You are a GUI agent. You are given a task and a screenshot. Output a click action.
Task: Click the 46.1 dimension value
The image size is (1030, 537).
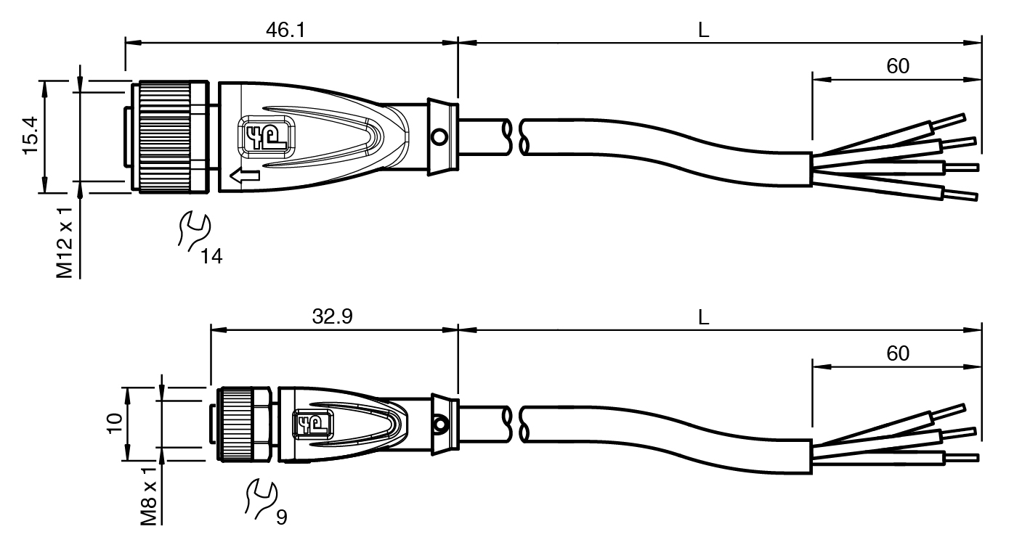point(285,30)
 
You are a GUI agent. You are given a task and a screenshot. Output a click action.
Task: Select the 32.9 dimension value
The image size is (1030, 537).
point(333,316)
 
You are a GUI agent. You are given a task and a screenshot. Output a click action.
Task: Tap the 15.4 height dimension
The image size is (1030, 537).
point(31,136)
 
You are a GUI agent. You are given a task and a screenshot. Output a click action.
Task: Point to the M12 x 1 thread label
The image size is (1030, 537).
point(65,242)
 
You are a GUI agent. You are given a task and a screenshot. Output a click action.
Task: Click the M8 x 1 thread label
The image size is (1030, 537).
point(149,496)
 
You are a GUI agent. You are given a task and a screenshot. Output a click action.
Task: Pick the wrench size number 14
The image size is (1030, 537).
point(211,256)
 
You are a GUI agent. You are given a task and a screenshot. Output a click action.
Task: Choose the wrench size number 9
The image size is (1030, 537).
point(282,517)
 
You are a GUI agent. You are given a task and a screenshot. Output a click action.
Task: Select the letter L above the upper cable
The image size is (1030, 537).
point(704,30)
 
